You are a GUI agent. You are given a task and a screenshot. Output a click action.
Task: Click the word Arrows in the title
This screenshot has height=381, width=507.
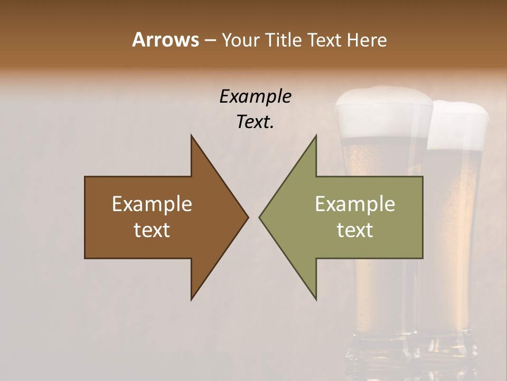pyautogui.click(x=165, y=40)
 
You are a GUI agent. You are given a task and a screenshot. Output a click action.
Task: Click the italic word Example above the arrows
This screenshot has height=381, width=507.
pyautogui.click(x=255, y=96)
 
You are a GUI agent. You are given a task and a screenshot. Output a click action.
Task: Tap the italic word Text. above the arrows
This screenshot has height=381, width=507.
pyautogui.click(x=255, y=122)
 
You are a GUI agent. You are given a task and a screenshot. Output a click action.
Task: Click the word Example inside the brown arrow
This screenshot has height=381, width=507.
pyautogui.click(x=152, y=204)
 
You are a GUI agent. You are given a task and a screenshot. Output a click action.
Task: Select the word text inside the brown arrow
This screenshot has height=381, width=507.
pyautogui.click(x=152, y=230)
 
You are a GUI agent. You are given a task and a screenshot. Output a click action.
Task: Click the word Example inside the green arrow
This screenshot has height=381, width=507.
pyautogui.click(x=355, y=204)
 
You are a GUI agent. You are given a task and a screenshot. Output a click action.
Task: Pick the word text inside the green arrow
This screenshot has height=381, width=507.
pyautogui.click(x=355, y=230)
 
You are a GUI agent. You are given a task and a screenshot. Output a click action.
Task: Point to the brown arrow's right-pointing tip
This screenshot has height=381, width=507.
pyautogui.click(x=247, y=217)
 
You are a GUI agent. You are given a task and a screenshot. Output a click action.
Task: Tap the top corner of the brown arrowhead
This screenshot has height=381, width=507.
pyautogui.click(x=192, y=136)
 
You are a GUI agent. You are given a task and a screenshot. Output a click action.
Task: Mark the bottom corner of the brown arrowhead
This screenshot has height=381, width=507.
pyautogui.click(x=192, y=299)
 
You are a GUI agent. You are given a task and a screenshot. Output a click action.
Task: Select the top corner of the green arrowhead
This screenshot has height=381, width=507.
pyautogui.click(x=316, y=136)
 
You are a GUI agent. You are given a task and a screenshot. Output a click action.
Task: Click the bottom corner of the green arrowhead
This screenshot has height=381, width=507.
pyautogui.click(x=316, y=299)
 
